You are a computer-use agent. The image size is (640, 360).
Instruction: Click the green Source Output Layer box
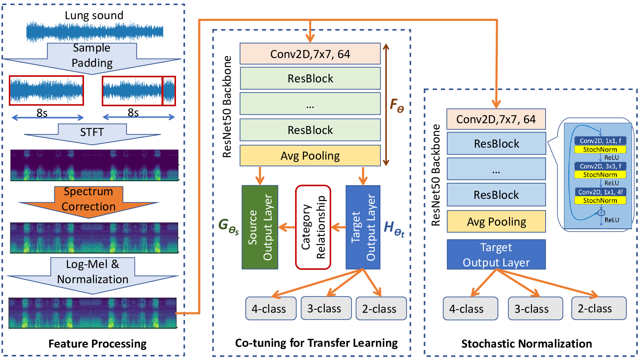pos(260,227)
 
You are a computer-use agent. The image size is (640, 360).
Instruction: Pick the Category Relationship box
pos(313,227)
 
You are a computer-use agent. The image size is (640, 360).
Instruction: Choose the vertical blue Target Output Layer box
pos(363,227)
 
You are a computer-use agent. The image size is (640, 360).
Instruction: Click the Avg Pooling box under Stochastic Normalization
pos(496,222)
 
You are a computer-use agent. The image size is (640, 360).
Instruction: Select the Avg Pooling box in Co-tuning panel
pos(310,156)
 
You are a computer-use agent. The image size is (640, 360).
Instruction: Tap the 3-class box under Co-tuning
pos(326,308)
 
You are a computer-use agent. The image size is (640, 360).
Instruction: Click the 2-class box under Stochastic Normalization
pos(599,308)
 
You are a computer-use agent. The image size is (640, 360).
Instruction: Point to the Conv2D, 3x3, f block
pos(600,166)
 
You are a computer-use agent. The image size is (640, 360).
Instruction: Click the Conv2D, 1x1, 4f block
pos(600,192)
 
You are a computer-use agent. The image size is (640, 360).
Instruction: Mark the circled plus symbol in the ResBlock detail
pos(601,212)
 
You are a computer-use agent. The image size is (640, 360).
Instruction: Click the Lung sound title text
pos(94,15)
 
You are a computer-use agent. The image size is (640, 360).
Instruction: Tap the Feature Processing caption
pos(98,344)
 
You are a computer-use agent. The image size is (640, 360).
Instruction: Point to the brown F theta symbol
pos(397,105)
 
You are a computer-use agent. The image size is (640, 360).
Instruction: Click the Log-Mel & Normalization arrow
pos(92,275)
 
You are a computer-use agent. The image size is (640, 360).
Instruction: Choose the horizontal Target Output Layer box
pos(496,254)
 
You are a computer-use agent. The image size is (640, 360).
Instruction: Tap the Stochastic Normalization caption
pos(526,344)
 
